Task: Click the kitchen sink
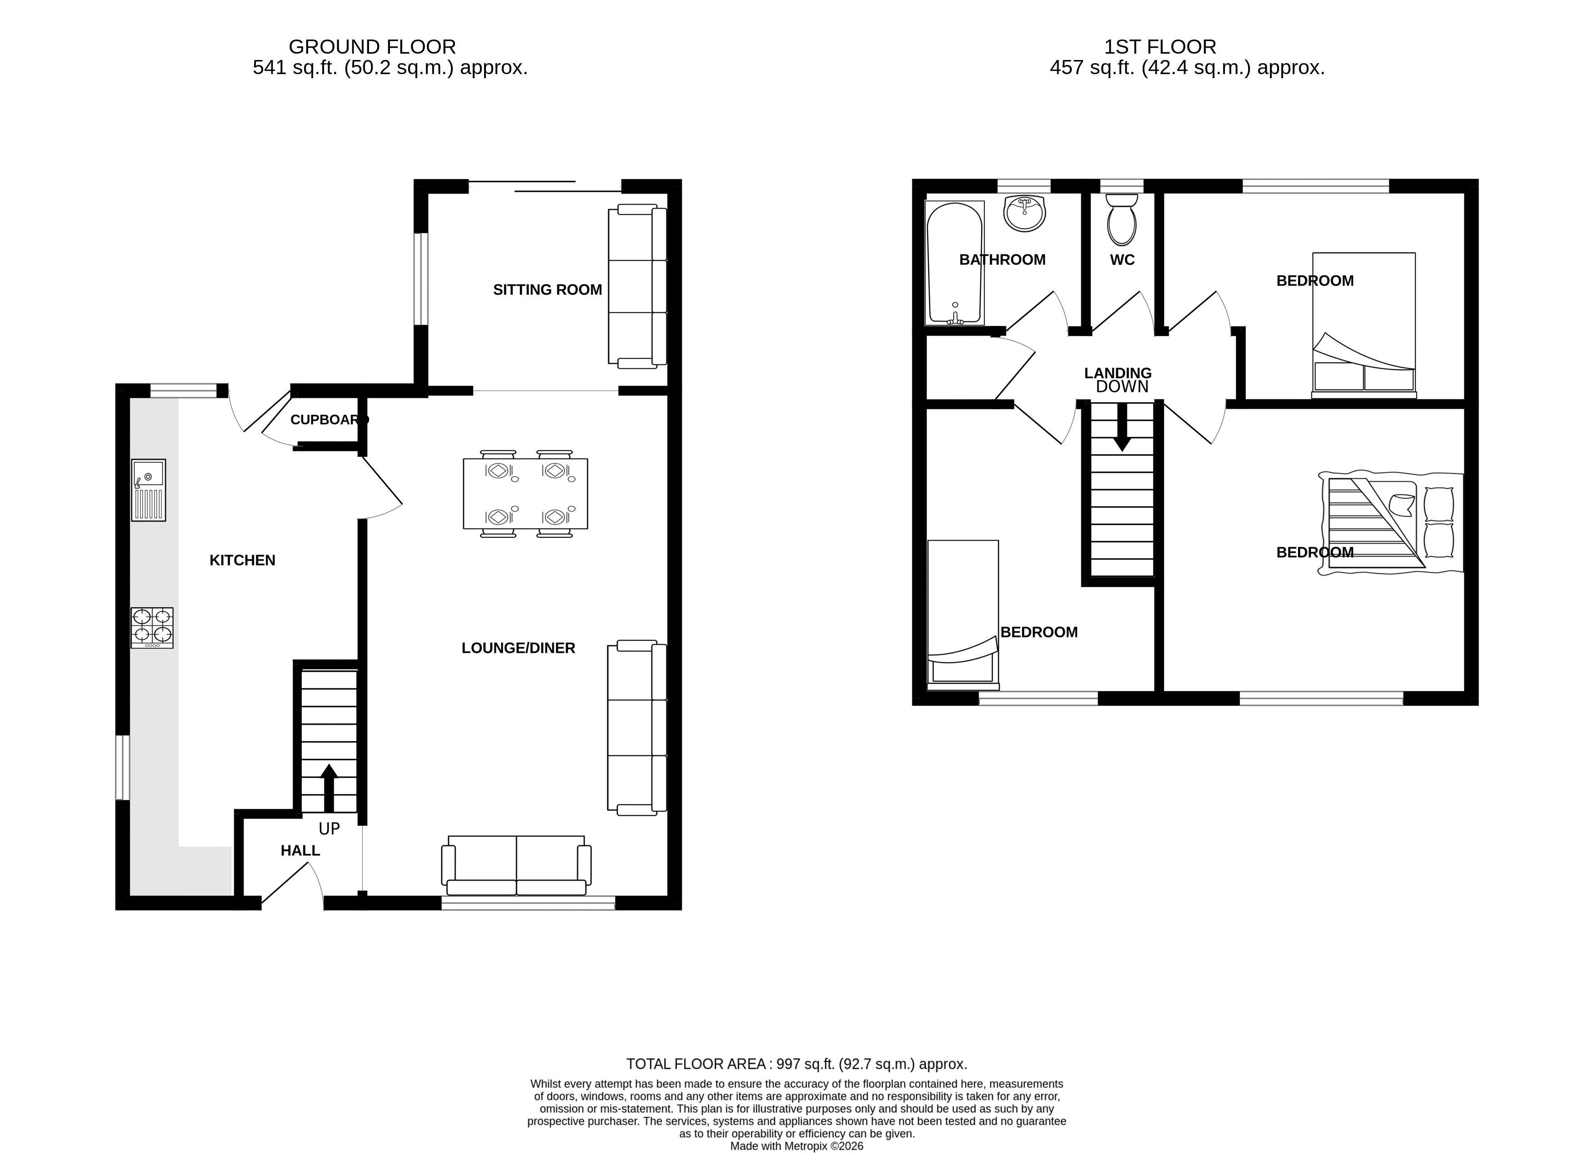click(148, 490)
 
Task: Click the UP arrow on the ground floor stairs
click(329, 787)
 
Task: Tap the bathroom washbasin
click(1024, 213)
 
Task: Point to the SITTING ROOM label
click(548, 290)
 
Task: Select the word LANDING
click(1118, 373)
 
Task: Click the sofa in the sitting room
click(637, 286)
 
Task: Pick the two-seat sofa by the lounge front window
click(517, 866)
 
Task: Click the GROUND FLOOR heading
click(373, 47)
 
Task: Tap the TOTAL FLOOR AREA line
click(797, 1064)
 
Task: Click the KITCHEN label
click(242, 560)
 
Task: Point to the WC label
click(1122, 260)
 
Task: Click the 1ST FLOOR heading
click(1160, 47)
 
